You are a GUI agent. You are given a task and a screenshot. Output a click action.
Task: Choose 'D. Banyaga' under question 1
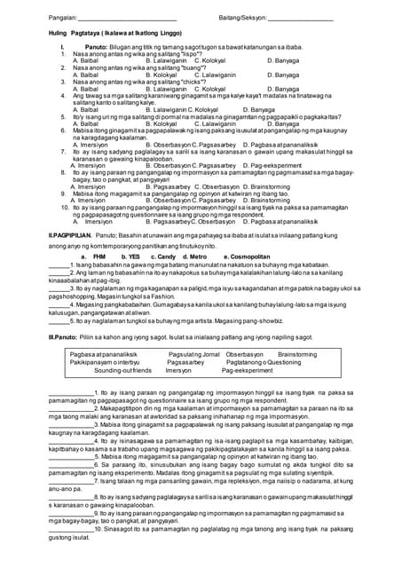[285, 61]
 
